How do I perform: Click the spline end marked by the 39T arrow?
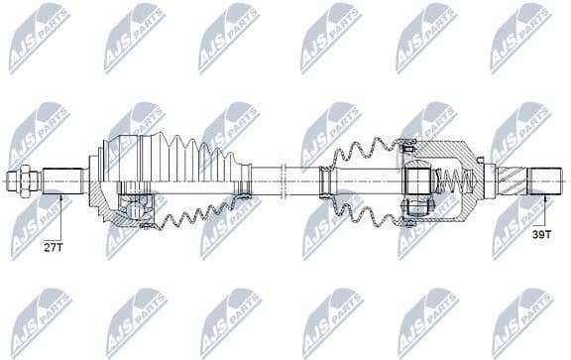tap(544, 181)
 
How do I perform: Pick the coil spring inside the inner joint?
tap(451, 182)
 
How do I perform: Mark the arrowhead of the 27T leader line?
tap(59, 197)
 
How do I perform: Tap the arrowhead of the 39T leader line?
tap(544, 197)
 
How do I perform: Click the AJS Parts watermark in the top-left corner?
tap(39, 38)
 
